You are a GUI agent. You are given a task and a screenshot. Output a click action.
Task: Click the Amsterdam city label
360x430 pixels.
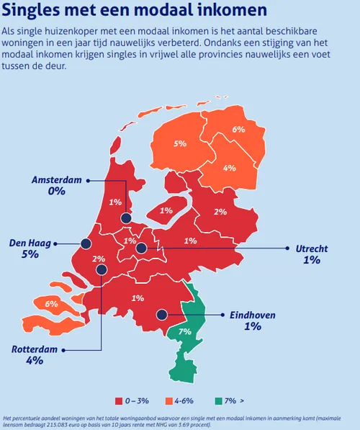57,179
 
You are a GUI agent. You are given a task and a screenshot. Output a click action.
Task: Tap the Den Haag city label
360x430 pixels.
30,243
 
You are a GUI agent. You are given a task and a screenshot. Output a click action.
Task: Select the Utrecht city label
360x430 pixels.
312,248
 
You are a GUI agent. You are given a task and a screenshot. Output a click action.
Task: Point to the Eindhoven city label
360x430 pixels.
253,315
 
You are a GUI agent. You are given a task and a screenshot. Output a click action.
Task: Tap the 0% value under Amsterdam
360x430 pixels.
57,192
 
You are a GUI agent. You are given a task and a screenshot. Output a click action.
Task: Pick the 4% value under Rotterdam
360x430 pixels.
35,361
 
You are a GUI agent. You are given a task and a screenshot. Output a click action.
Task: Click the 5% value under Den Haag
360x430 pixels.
30,256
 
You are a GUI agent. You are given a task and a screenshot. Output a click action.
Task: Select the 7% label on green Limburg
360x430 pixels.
185,331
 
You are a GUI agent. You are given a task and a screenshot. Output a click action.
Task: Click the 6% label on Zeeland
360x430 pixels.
52,304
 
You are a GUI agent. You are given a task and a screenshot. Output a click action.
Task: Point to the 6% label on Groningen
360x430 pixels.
238,130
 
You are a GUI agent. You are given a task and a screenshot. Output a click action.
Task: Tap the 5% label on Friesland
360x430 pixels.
180,144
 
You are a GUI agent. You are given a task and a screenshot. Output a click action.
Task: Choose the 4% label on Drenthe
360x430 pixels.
230,168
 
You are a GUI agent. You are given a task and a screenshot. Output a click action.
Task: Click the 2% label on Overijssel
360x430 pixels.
220,212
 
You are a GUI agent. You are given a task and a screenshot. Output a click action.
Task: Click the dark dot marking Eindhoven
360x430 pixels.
163,315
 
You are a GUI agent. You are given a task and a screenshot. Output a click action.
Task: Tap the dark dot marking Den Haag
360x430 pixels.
86,244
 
